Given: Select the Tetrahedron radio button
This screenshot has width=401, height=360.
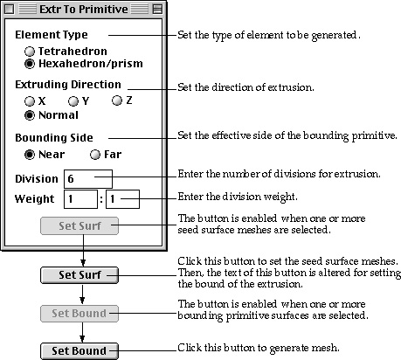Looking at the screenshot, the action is tap(30, 52).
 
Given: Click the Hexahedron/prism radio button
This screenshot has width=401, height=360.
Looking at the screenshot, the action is tap(30, 64).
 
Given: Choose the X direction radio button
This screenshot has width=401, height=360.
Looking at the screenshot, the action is tap(30, 101).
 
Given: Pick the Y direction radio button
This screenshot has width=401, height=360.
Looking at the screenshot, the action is tap(73, 101).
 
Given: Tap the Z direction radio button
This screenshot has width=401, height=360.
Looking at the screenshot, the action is tap(117, 100).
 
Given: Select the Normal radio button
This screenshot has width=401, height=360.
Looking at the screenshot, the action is tap(30, 115).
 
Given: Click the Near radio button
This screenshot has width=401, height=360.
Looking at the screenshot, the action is tap(30, 155).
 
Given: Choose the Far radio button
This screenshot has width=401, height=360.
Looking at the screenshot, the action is tap(95, 155).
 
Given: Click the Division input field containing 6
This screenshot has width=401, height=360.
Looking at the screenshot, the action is tap(88, 179).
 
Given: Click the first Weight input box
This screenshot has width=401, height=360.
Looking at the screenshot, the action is tap(80, 199).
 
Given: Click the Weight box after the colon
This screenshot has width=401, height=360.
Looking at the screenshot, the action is tap(122, 199).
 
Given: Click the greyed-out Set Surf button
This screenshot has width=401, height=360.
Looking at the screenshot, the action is tap(80, 225).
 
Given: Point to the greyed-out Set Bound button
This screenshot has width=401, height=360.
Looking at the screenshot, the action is tap(80, 314).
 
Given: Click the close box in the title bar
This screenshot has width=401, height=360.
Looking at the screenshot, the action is tap(9, 10).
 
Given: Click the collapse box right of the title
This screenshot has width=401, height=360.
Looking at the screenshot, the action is tap(157, 10).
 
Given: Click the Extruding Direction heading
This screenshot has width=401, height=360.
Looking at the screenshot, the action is tap(68, 85).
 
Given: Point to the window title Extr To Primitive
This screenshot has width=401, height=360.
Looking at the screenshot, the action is tap(84, 10).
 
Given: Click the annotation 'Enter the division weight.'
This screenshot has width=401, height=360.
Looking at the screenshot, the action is tap(238, 197).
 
